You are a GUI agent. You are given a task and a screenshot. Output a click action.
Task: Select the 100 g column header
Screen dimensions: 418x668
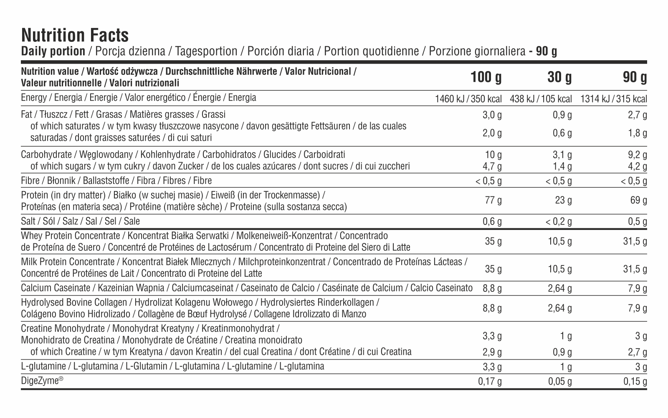(486, 77)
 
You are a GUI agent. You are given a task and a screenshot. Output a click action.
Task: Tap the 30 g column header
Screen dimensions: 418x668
(560, 77)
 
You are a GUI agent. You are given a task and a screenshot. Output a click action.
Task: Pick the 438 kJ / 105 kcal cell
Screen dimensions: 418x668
(541, 99)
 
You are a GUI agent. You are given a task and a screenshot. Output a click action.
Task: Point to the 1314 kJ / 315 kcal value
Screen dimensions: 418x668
(613, 99)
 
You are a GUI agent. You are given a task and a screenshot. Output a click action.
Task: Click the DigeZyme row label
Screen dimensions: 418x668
(42, 381)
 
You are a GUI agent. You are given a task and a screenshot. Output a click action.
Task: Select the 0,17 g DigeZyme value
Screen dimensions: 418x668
(490, 381)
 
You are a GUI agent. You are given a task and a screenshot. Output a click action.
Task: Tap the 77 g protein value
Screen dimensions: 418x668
(493, 200)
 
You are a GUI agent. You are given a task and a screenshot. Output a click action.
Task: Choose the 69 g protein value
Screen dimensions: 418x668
(638, 200)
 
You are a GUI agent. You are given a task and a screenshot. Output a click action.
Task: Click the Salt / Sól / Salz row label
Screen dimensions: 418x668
(80, 221)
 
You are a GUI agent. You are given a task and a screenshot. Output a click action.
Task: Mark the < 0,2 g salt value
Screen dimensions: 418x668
(559, 222)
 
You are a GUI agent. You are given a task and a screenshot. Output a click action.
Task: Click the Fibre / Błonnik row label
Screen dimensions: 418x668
(116, 181)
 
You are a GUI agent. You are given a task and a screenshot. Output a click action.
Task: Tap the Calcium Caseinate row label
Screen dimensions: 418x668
(246, 288)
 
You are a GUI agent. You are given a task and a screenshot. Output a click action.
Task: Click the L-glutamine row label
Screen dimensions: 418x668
(172, 366)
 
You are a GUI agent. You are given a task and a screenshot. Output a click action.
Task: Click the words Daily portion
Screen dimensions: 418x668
(53, 51)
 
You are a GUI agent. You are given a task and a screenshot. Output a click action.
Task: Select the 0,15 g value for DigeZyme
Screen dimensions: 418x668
(635, 381)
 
